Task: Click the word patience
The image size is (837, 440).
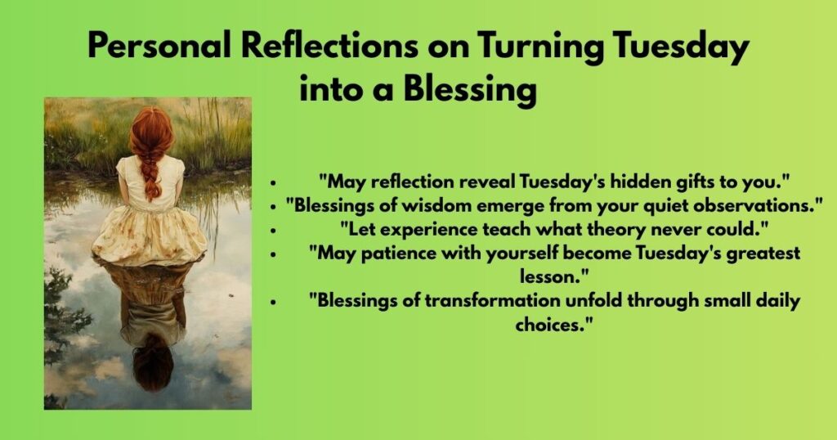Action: [389, 253]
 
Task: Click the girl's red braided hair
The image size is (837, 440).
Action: [150, 151]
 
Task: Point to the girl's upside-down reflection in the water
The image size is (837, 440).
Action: [152, 327]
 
